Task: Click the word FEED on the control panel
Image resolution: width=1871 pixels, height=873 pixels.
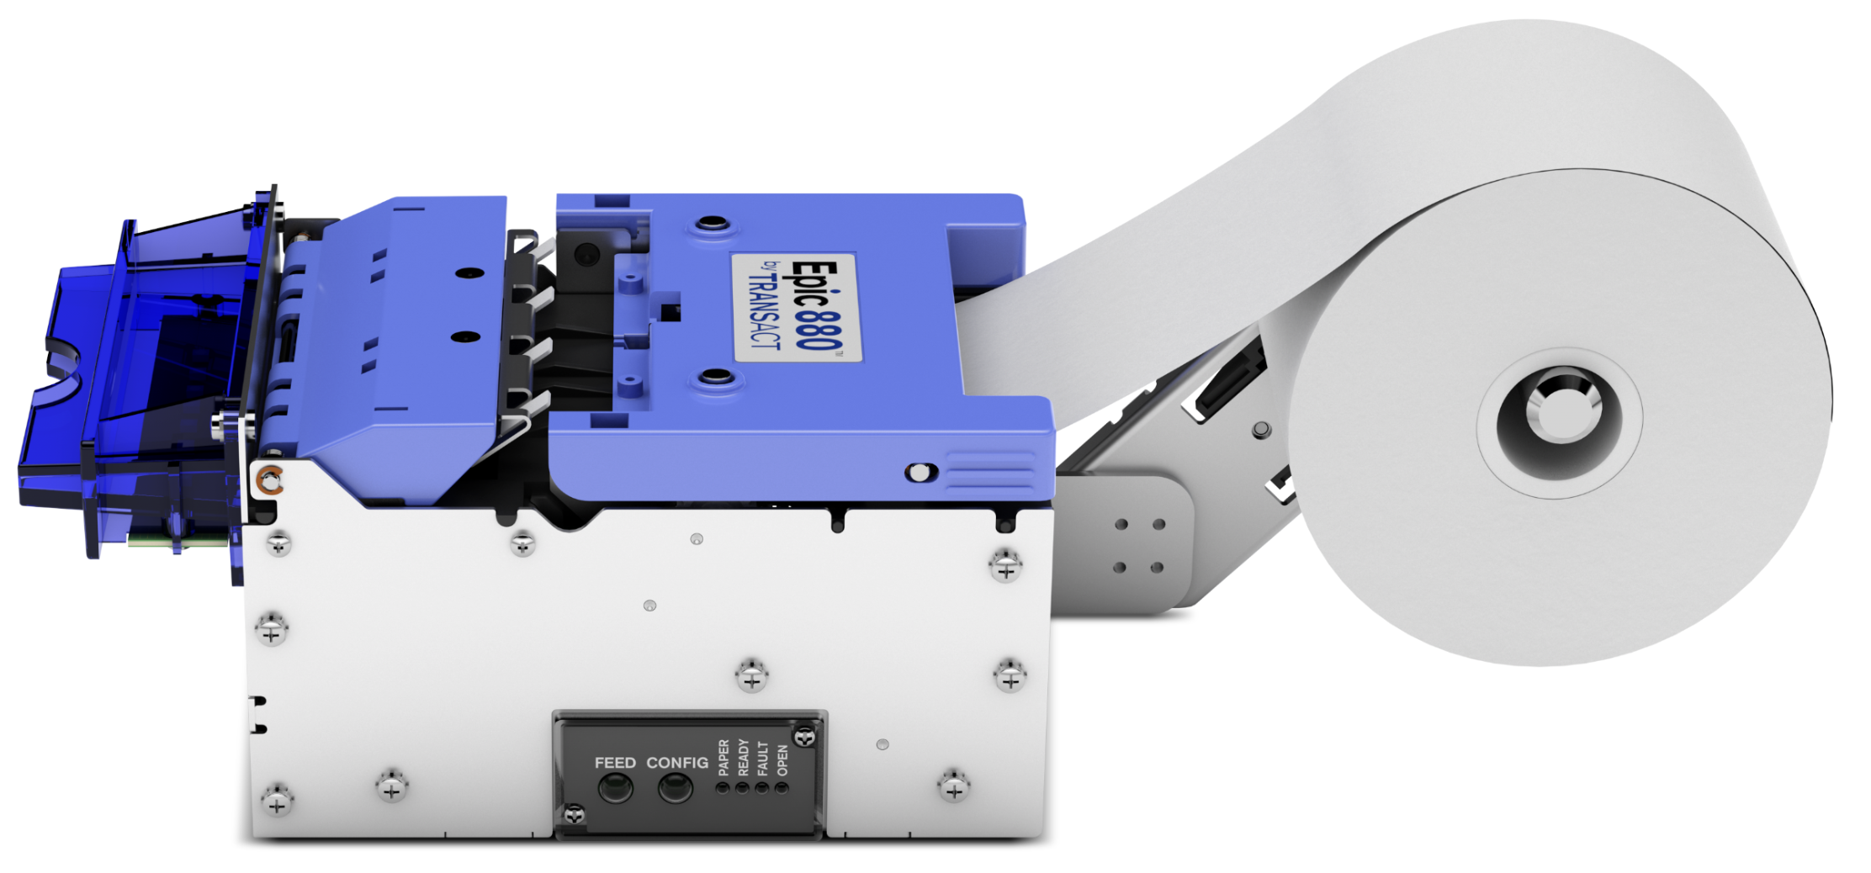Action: pos(615,763)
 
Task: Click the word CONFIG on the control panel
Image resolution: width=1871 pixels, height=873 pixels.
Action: pos(676,763)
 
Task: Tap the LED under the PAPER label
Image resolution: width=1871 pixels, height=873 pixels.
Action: pos(722,788)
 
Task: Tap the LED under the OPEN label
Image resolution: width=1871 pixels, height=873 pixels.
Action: pos(782,788)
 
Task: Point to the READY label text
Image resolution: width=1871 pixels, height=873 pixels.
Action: pos(743,757)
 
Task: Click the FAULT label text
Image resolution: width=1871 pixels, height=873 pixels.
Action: pos(762,757)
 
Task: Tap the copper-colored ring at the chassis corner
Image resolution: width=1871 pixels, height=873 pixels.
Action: pos(270,481)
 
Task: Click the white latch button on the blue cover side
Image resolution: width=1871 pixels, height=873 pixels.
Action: pos(920,473)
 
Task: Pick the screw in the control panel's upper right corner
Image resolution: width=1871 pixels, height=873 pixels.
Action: pos(805,738)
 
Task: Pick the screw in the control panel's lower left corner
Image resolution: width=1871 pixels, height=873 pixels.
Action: pos(575,814)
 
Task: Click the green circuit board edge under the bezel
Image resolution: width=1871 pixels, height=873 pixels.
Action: pos(177,539)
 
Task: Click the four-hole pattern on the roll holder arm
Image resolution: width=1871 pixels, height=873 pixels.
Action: pos(1139,546)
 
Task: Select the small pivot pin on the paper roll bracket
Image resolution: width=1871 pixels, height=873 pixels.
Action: pos(1261,430)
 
